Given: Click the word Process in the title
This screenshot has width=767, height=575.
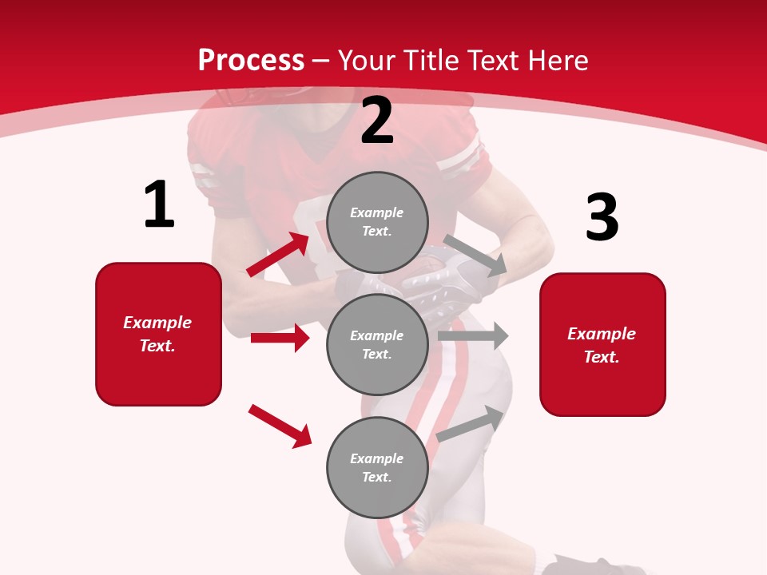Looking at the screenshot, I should [251, 60].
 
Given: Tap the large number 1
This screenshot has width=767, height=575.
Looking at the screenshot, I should [159, 205].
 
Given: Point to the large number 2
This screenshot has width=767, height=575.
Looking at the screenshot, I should [377, 121].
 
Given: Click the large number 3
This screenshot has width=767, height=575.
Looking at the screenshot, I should [602, 217].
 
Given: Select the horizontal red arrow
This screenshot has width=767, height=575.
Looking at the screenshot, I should [280, 338].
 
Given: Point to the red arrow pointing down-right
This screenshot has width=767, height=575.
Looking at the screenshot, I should [280, 426].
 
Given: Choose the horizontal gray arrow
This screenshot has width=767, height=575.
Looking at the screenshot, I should [473, 335].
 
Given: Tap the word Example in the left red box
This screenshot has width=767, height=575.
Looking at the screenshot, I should [157, 323].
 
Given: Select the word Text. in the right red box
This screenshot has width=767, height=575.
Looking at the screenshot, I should [602, 357].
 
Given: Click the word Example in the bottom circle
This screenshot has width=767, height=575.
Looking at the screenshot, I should [377, 458].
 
